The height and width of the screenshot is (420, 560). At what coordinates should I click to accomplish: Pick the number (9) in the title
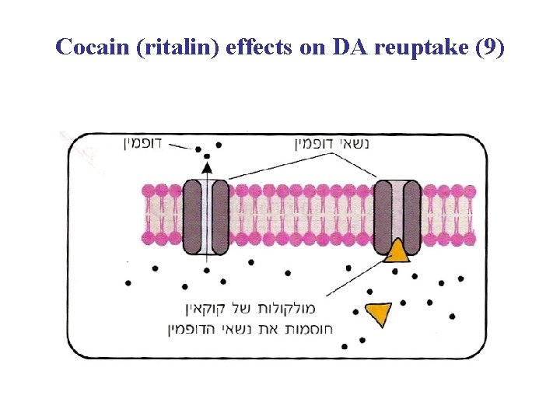tap(488, 47)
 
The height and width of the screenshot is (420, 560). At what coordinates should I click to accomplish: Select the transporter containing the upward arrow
tap(206, 218)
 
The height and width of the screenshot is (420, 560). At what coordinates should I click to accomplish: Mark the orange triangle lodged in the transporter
tap(397, 250)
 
